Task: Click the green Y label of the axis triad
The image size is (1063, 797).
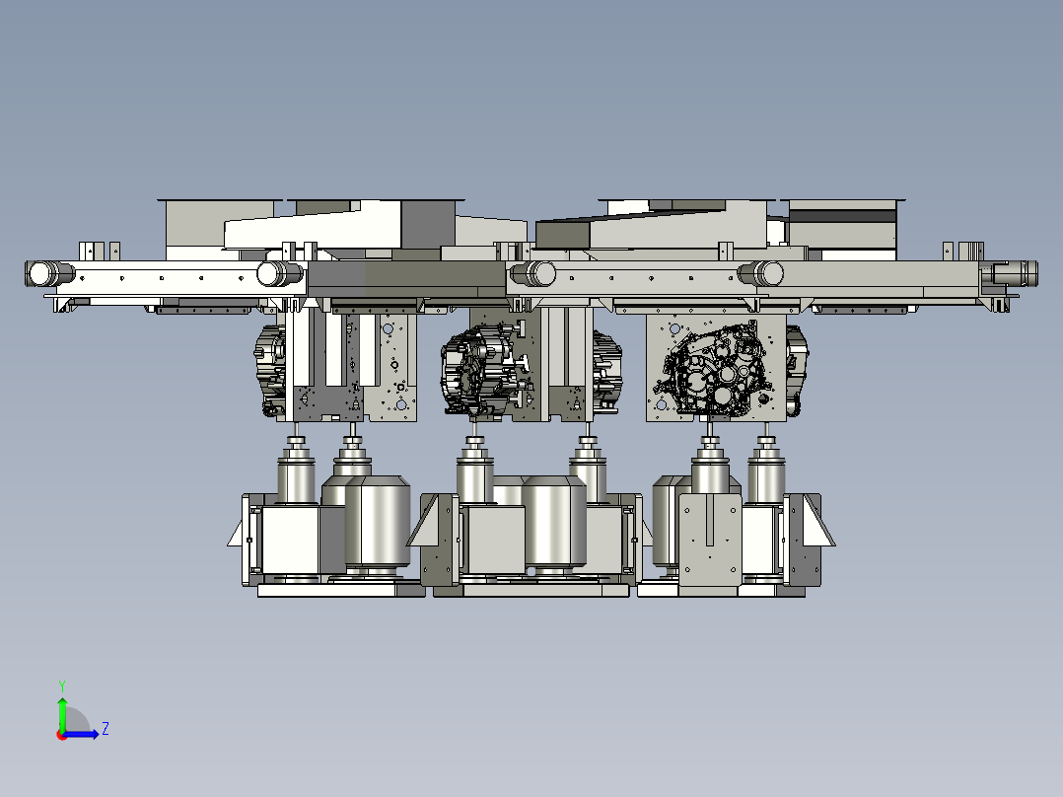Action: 62,686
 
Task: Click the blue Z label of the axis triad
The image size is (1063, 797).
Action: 106,729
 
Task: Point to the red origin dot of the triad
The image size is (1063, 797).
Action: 62,735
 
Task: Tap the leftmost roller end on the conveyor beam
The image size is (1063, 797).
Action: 40,273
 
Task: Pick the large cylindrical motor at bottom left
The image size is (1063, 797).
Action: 378,521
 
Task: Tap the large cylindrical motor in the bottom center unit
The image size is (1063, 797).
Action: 554,521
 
